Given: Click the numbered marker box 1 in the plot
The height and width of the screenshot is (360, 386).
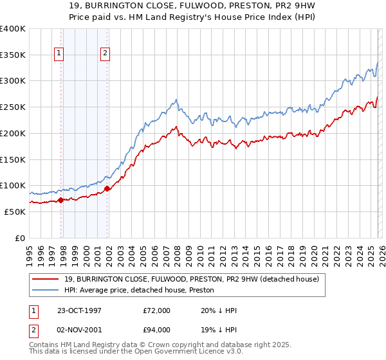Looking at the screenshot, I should click(x=59, y=54).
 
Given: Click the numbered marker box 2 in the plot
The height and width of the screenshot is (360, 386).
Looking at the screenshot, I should click(x=105, y=54).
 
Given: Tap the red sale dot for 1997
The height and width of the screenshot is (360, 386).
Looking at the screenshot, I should click(x=61, y=200).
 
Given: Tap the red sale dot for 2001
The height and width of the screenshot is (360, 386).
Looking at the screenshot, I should click(x=107, y=188).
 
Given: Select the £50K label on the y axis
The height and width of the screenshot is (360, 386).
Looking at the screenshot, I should click(x=15, y=212).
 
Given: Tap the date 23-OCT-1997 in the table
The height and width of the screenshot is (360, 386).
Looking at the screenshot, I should click(x=79, y=310).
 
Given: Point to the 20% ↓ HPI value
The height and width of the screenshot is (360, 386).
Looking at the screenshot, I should click(x=219, y=310).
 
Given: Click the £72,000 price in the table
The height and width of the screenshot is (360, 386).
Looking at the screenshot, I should click(x=157, y=310).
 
